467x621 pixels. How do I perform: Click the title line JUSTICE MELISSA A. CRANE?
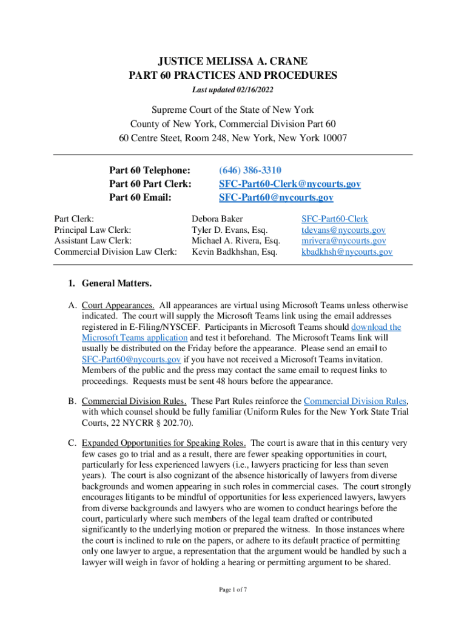[233, 61]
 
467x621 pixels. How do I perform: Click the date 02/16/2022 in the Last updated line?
[255, 90]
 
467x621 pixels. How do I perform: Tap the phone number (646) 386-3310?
[250, 170]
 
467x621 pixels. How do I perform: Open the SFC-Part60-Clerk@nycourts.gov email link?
[289, 184]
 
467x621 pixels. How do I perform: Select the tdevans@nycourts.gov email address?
[343, 230]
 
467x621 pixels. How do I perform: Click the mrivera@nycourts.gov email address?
[343, 241]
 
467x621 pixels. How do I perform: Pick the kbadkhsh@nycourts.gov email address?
[346, 252]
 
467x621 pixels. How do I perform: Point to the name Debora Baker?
[217, 219]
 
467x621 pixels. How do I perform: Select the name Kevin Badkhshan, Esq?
[235, 252]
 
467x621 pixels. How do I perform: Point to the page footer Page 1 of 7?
[233, 589]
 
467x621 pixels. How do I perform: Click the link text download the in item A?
[376, 327]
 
